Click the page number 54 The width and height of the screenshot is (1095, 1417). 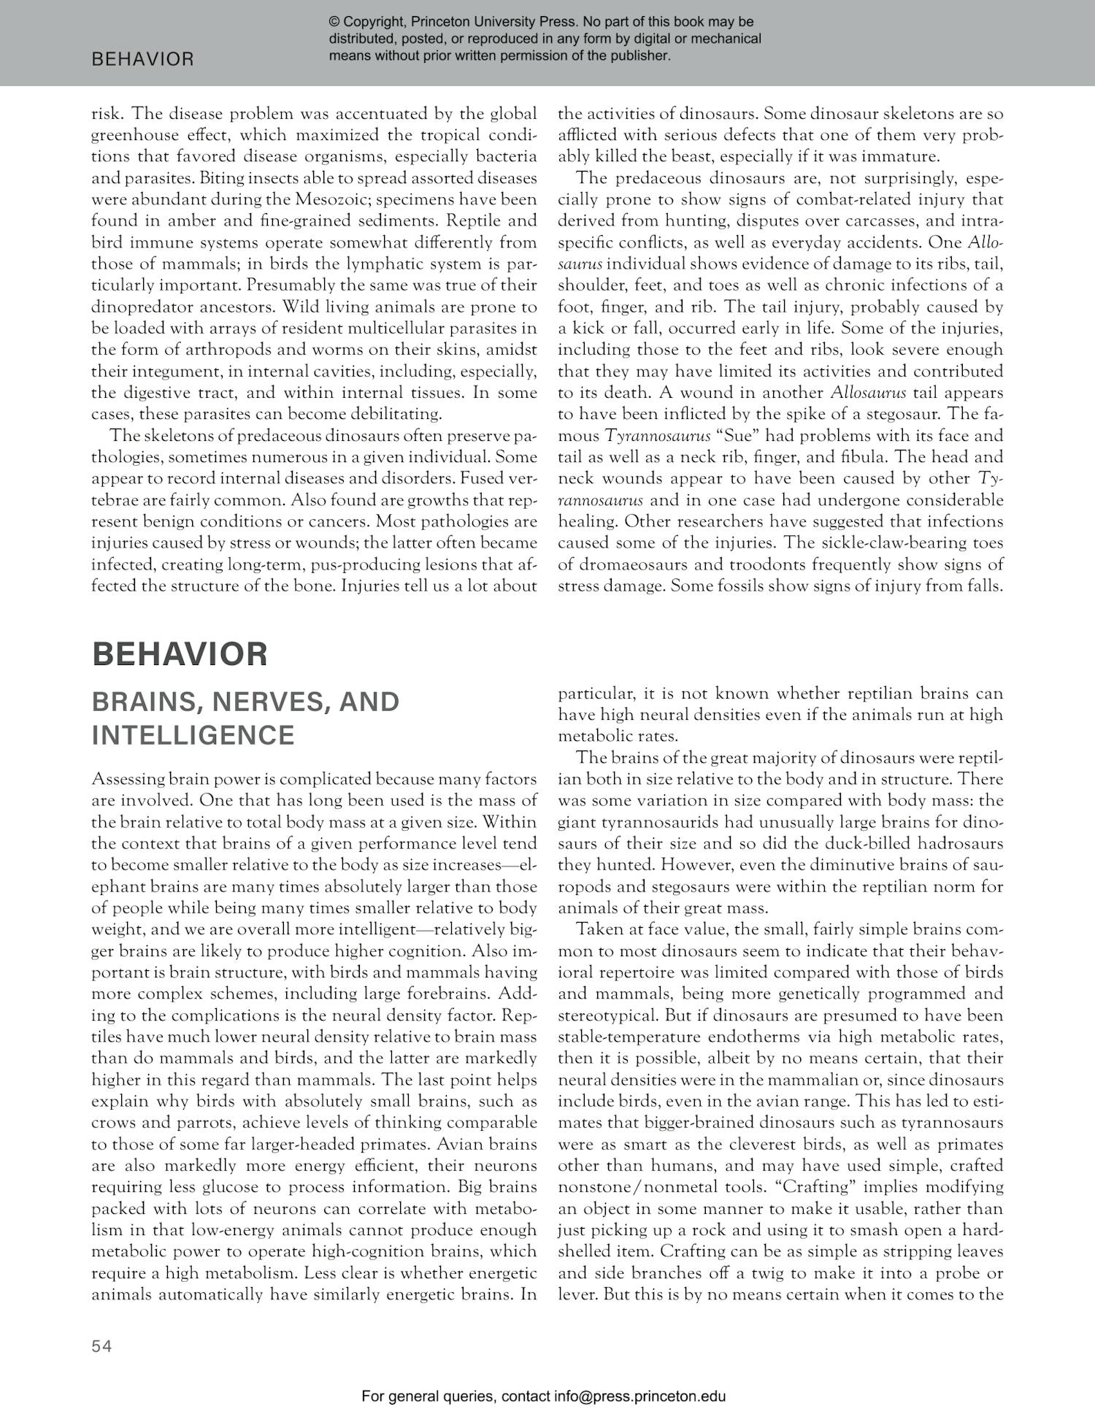pyautogui.click(x=102, y=1346)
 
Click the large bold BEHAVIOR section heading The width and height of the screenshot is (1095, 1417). pyautogui.click(x=180, y=653)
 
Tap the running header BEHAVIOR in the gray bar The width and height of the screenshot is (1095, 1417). pyautogui.click(x=143, y=60)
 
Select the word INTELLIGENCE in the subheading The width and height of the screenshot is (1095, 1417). pyautogui.click(x=193, y=735)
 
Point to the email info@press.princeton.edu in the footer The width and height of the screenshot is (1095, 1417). pyautogui.click(x=639, y=1397)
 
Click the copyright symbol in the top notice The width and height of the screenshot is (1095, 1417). pyautogui.click(x=334, y=22)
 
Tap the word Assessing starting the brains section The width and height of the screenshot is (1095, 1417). pyautogui.click(x=128, y=779)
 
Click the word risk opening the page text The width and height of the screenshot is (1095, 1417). pyautogui.click(x=107, y=114)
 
